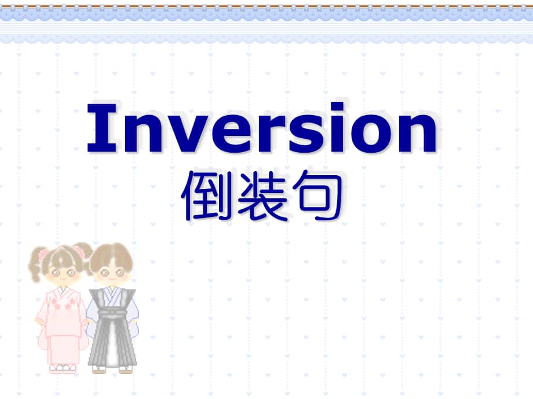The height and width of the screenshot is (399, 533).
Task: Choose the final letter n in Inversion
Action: pyautogui.click(x=413, y=133)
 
